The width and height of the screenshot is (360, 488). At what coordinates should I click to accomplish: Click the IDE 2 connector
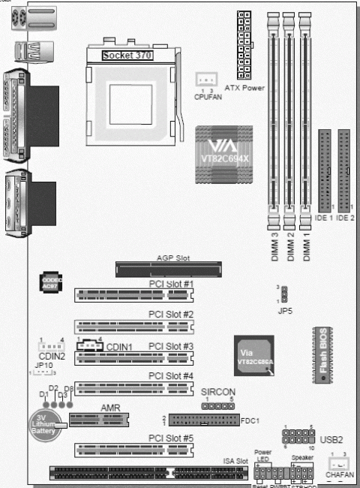pos(344,170)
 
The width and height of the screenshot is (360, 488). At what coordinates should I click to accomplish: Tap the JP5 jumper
pos(283,294)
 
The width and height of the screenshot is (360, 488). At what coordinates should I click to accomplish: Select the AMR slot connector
pos(98,418)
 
